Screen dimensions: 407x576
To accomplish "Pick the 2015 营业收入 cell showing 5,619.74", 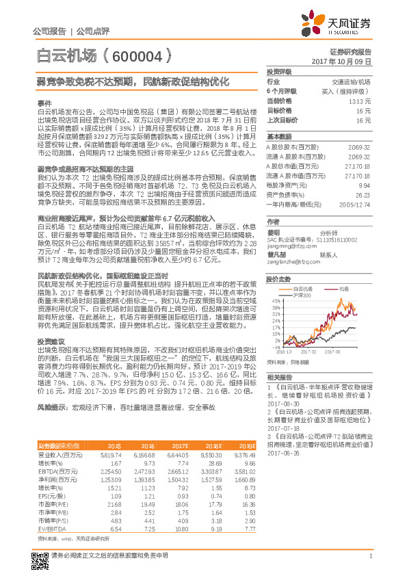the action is click(110, 454).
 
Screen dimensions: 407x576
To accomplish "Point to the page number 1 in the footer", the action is click(370, 562).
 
